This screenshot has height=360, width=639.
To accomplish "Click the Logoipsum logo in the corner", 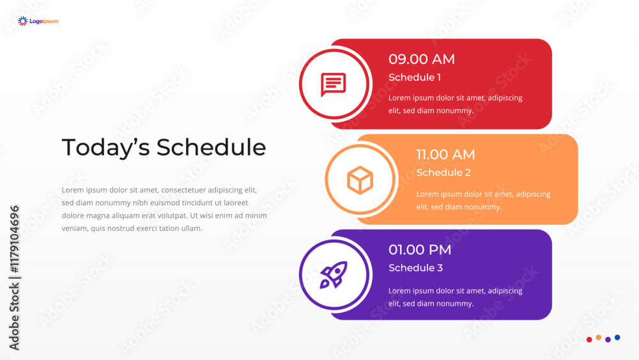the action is (38, 21).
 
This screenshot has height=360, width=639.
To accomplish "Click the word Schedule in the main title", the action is (211, 147).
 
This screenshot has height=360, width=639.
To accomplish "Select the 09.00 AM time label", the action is (421, 59).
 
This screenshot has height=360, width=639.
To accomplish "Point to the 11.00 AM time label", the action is (445, 155).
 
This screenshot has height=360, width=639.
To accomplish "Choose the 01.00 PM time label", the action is (420, 249).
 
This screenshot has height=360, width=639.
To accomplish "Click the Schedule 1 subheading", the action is (415, 77).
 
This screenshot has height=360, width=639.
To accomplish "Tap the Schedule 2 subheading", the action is (443, 173).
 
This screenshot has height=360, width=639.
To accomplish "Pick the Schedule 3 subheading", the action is (416, 268).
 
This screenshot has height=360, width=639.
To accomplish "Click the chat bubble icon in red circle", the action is (334, 84).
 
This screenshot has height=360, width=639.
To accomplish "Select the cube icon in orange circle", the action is (360, 180).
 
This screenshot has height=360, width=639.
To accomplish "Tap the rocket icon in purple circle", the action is (334, 275).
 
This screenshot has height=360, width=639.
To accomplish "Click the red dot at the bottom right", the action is (589, 339).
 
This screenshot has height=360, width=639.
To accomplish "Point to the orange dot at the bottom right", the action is (598, 337).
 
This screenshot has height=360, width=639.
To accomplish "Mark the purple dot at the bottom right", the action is (608, 339).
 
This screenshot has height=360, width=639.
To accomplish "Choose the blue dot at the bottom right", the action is (617, 337).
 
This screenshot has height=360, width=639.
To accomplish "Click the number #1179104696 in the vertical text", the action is (14, 239).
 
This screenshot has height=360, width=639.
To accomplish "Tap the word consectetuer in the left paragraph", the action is (183, 190).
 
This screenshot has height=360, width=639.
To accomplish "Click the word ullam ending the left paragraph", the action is (192, 228).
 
